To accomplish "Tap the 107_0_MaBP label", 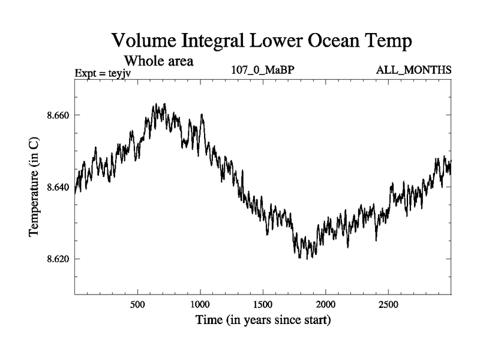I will click(x=262, y=71).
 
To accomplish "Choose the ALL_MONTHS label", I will click(x=413, y=71).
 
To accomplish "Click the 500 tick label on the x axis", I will click(x=137, y=304).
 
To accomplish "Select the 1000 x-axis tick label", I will click(x=200, y=304).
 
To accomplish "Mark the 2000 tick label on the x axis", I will click(x=325, y=304).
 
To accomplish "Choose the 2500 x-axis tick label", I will click(x=388, y=304).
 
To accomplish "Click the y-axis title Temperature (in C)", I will click(x=35, y=187).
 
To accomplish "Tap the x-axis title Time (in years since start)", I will click(x=263, y=320).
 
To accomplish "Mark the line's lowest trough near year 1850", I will click(x=307, y=259).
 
